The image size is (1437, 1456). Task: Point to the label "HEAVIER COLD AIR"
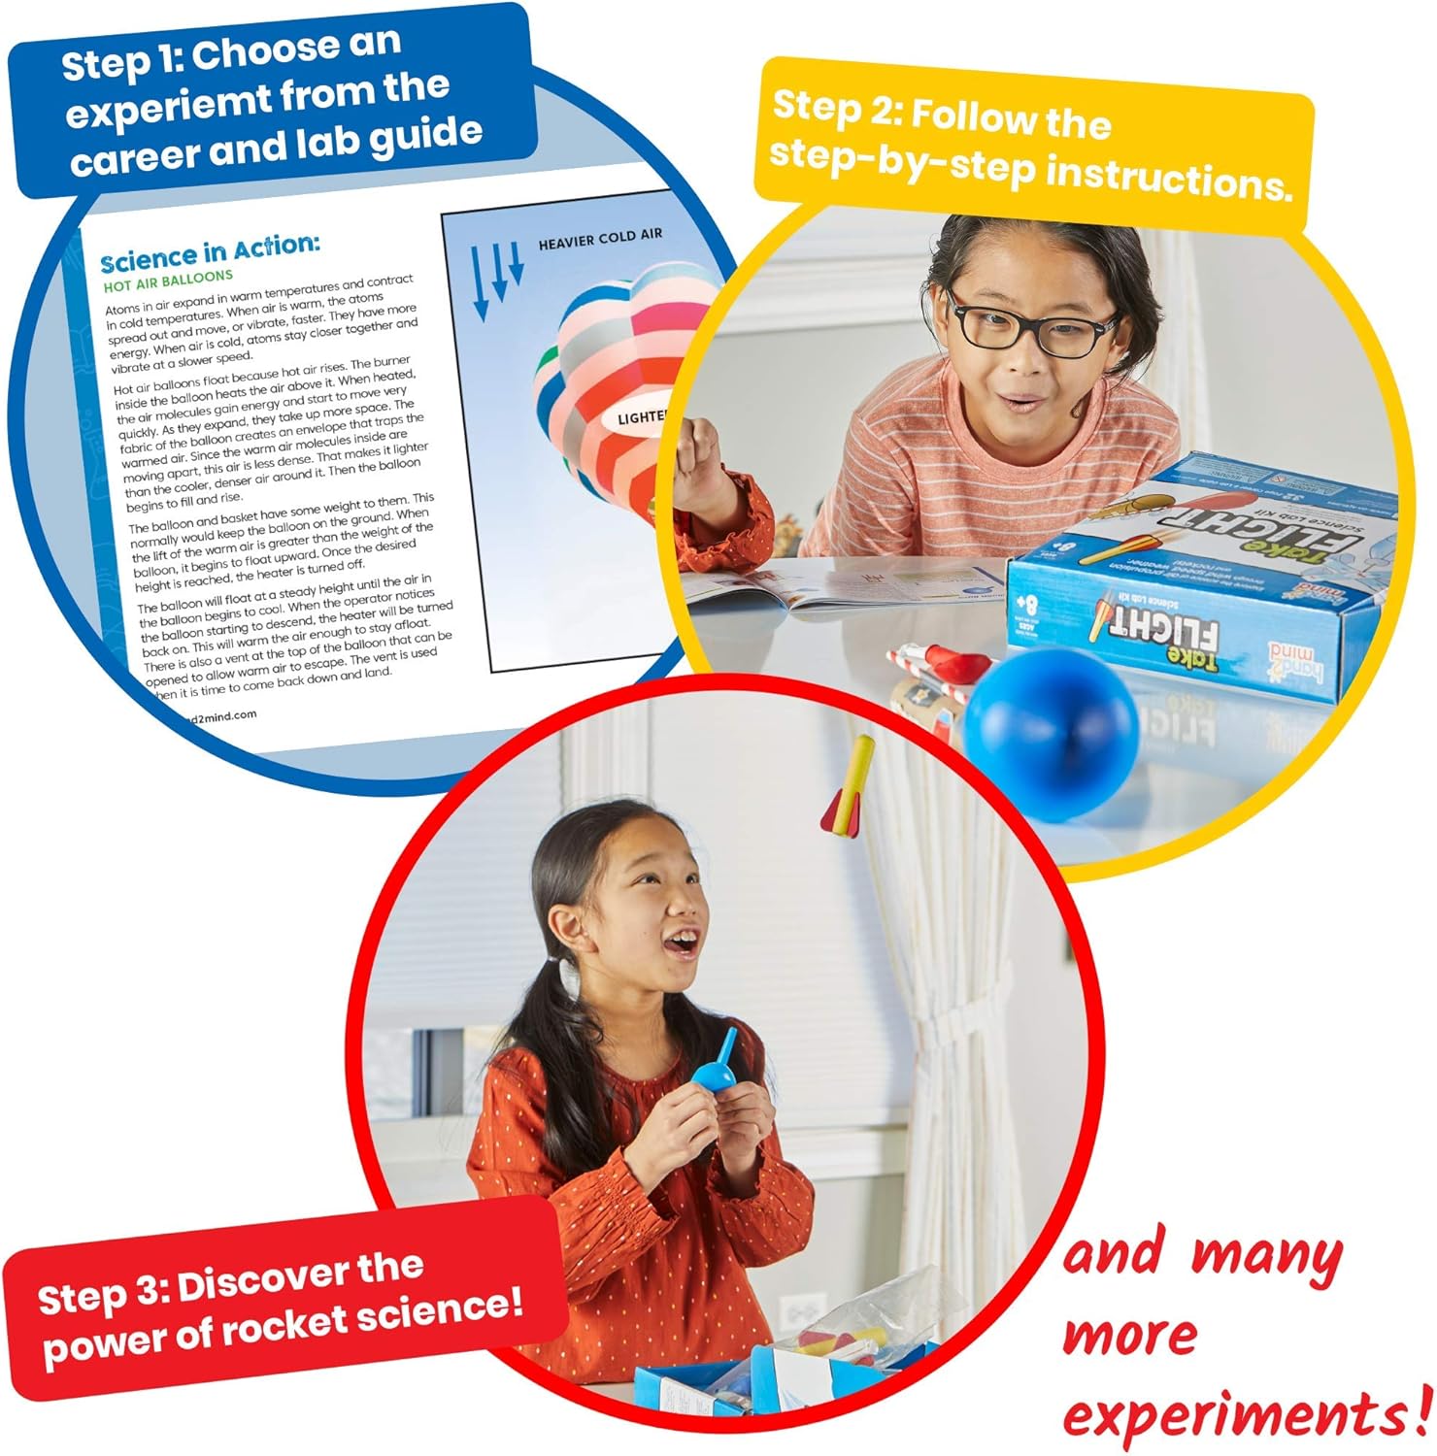[600, 238]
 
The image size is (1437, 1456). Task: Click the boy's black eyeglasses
[1029, 325]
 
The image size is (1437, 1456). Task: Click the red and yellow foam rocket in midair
[848, 787]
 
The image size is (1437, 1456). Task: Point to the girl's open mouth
[685, 941]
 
